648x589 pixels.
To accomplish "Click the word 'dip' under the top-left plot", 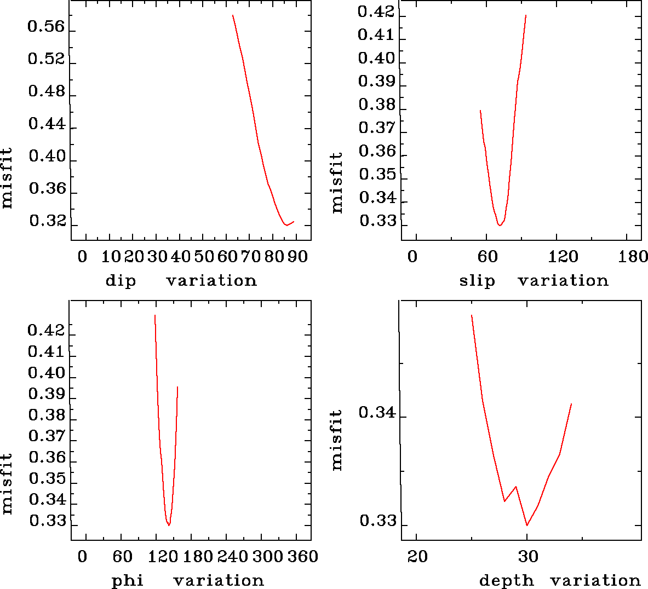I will click(x=121, y=281).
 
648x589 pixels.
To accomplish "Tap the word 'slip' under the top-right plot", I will click(x=477, y=281).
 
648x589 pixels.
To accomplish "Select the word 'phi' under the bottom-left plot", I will click(x=128, y=581).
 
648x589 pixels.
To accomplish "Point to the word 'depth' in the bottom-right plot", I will click(x=507, y=580).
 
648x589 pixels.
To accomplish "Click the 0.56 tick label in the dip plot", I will click(x=47, y=27).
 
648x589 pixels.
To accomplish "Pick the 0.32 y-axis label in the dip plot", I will click(x=48, y=221).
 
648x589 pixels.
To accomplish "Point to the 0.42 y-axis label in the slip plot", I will click(x=376, y=11).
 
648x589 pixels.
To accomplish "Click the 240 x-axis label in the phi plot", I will click(x=232, y=557).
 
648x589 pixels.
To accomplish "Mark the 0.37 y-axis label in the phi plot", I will click(x=47, y=436).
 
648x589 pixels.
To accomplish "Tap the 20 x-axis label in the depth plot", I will click(x=417, y=557).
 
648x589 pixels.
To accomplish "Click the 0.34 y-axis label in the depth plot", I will click(x=377, y=412).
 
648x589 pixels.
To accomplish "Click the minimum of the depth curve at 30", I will click(x=527, y=526).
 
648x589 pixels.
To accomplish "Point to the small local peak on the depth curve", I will click(x=515, y=486).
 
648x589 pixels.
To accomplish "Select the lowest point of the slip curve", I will click(x=500, y=225).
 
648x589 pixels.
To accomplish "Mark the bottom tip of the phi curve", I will click(x=169, y=526).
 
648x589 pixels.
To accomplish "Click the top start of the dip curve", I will click(x=233, y=15).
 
